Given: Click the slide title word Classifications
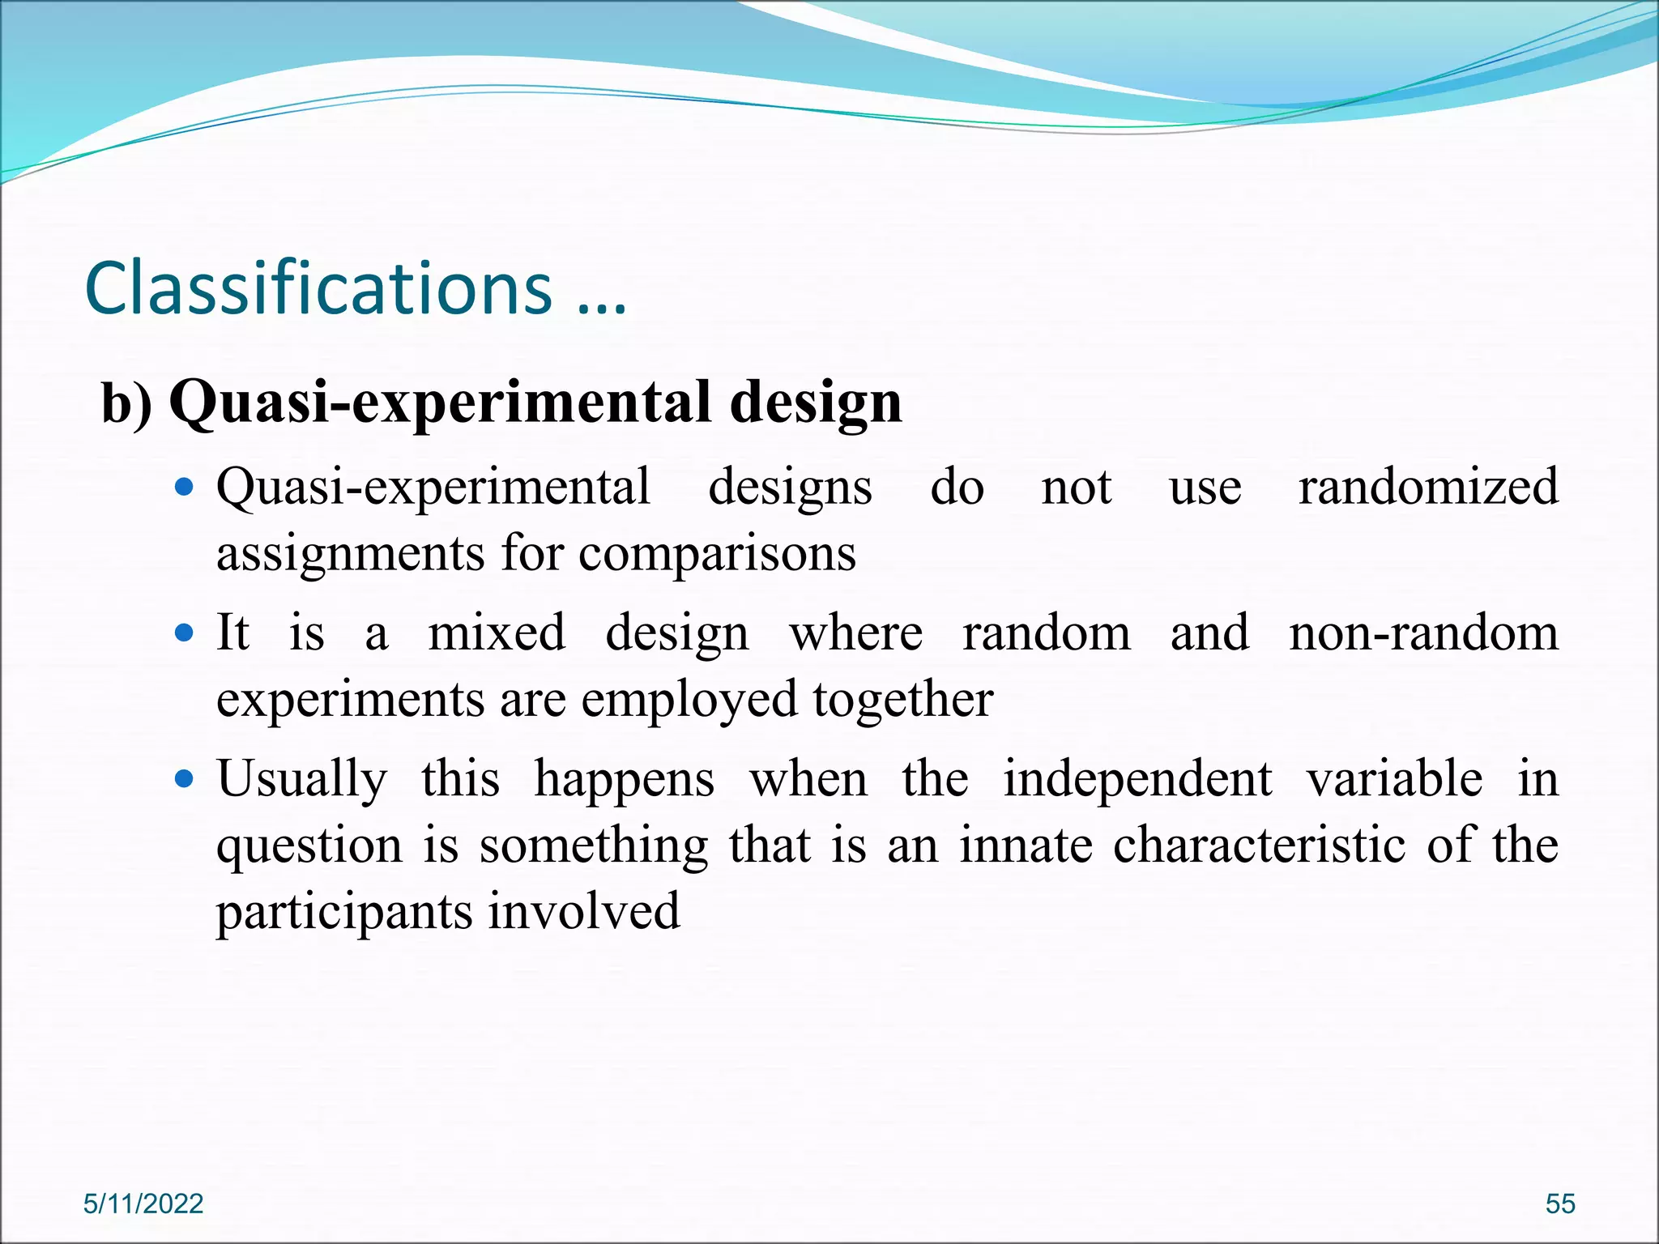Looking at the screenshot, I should click(318, 288).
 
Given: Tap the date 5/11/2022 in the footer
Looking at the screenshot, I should click(143, 1204).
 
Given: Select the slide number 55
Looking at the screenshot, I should click(1560, 1204).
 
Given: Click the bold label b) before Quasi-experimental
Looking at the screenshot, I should click(126, 403).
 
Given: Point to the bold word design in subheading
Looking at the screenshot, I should click(815, 403).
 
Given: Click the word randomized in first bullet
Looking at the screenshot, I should click(1428, 487).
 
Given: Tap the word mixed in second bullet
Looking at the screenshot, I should click(497, 633).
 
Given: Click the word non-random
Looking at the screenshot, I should click(1423, 633).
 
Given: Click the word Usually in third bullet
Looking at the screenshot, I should click(302, 779).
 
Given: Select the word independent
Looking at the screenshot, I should click(1137, 779).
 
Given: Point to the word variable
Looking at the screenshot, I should click(1394, 779).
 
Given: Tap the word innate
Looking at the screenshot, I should click(1026, 846).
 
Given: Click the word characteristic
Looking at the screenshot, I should click(1259, 846).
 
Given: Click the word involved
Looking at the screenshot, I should click(584, 910).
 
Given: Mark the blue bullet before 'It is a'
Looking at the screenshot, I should click(185, 633).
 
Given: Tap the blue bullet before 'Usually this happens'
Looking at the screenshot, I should click(185, 779).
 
